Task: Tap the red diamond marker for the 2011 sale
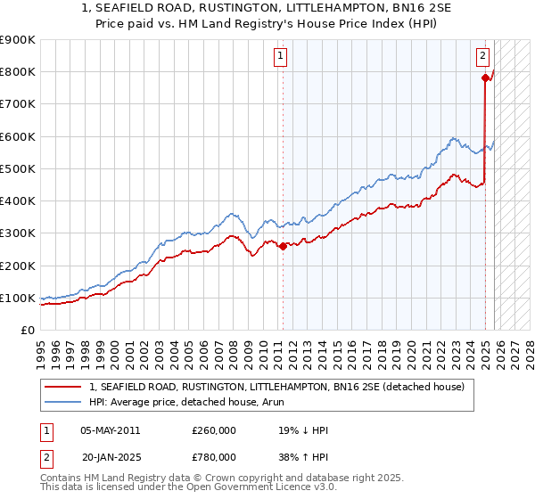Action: coord(283,246)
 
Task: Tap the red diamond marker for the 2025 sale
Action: coord(485,78)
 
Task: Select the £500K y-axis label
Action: coord(18,168)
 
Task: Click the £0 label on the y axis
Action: coord(27,330)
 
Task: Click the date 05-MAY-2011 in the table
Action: coord(110,430)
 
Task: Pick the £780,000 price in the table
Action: coord(214,457)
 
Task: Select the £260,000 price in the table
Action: coord(214,430)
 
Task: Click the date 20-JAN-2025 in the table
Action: coord(110,457)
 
